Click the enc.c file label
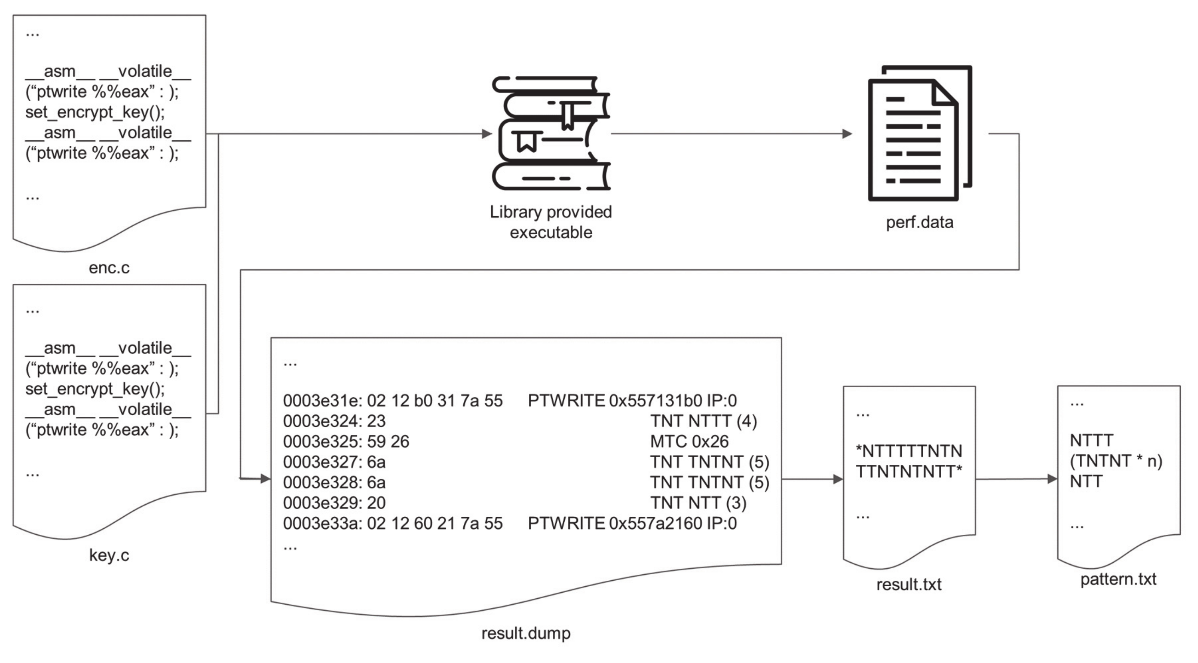[109, 268]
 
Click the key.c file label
[109, 555]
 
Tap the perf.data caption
[919, 222]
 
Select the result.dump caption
[526, 633]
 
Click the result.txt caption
[908, 585]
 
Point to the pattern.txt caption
[1118, 579]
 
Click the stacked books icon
[551, 134]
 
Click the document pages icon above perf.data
[919, 134]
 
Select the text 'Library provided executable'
[551, 222]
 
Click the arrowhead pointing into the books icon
[487, 134]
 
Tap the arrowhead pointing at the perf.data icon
[847, 134]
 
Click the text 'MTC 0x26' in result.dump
[689, 441]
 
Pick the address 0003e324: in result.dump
[322, 421]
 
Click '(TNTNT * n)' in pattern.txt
[1116, 461]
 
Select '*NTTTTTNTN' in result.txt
[909, 451]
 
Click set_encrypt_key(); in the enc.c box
[95, 112]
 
